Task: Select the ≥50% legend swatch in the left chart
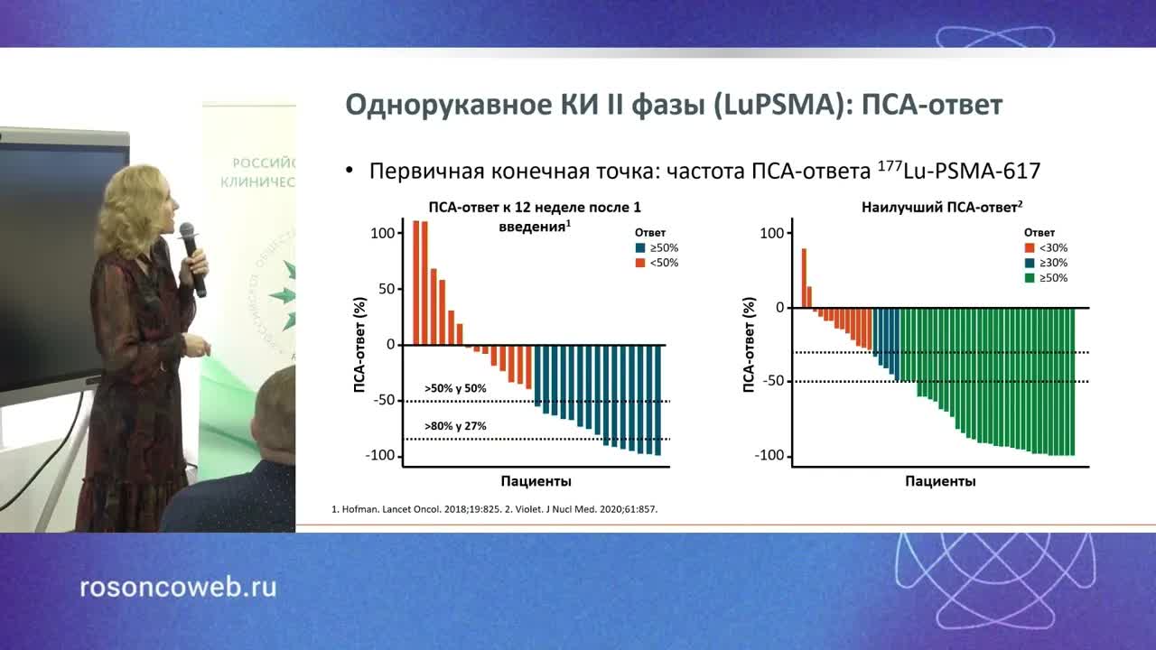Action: [640, 247]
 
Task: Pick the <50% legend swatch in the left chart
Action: [640, 263]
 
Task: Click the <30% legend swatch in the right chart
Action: [1028, 247]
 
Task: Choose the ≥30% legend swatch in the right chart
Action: [1028, 263]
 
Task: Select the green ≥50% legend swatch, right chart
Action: [1028, 278]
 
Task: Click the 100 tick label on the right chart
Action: [770, 234]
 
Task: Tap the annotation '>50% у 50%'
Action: [455, 388]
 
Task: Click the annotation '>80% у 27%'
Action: [455, 424]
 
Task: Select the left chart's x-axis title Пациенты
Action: [536, 481]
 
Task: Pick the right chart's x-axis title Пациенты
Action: [940, 481]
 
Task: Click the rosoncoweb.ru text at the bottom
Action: [178, 588]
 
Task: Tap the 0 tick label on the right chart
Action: [779, 308]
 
